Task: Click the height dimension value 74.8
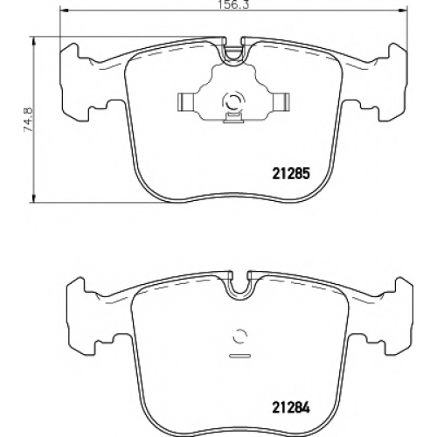tap(29, 120)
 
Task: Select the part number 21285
tap(290, 174)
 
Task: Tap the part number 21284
tap(290, 407)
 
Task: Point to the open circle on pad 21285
tap(232, 101)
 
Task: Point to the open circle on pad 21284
tap(240, 336)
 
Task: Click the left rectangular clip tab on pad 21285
tap(187, 102)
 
